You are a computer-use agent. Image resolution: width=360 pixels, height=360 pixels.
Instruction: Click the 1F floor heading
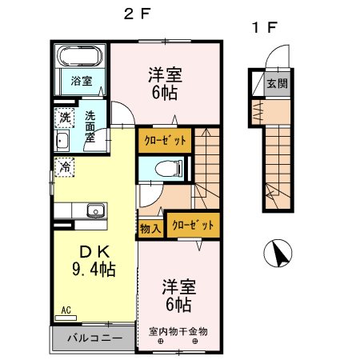pyautogui.click(x=264, y=26)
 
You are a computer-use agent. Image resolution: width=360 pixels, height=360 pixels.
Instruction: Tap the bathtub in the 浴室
pyautogui.click(x=80, y=57)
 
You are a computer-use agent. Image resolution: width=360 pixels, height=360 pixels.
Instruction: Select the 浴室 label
pyautogui.click(x=80, y=81)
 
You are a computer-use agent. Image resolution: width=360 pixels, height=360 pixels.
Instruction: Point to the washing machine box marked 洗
pyautogui.click(x=64, y=117)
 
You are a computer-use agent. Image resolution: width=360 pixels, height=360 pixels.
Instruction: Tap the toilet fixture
pyautogui.click(x=164, y=169)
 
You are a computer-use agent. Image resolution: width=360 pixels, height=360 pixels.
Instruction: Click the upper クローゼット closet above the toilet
pyautogui.click(x=164, y=140)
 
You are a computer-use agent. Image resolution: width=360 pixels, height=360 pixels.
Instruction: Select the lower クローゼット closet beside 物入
pyautogui.click(x=193, y=224)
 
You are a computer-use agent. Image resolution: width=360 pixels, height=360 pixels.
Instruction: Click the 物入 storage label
pyautogui.click(x=150, y=228)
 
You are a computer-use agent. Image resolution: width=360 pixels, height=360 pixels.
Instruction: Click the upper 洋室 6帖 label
pyautogui.click(x=165, y=83)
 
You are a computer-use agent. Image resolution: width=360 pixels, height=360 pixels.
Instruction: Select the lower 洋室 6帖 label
pyautogui.click(x=178, y=294)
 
